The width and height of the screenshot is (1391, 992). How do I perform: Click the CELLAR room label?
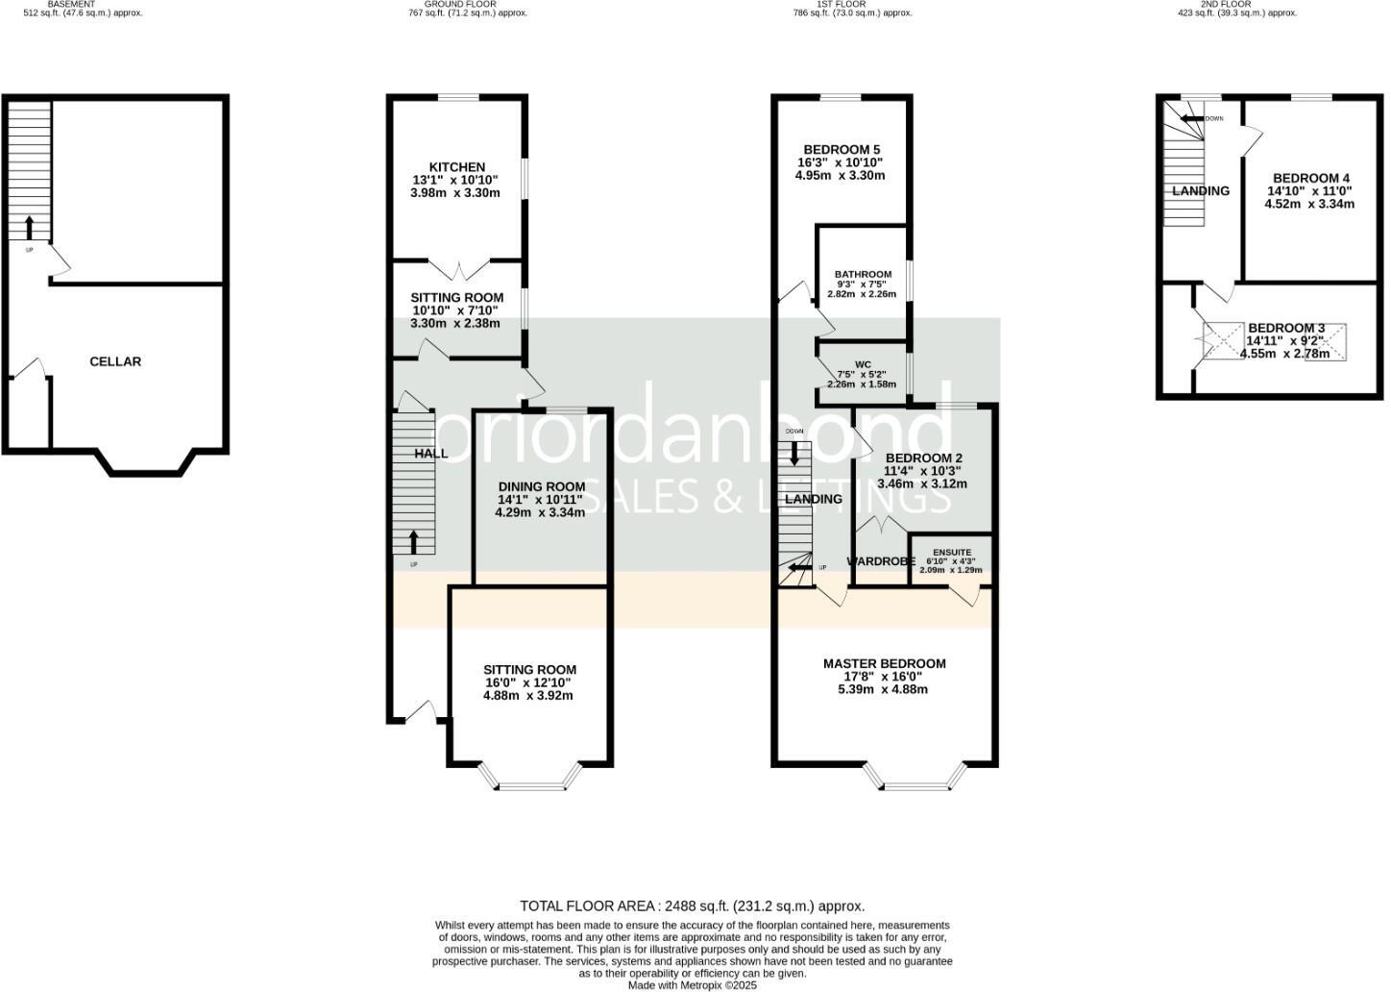(x=115, y=361)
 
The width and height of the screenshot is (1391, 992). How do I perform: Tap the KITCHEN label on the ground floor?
(x=456, y=167)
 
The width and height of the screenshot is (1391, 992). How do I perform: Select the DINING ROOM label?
(x=541, y=486)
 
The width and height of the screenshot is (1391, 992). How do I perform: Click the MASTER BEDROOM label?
(x=884, y=663)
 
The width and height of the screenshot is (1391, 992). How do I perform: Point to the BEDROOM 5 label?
(x=842, y=149)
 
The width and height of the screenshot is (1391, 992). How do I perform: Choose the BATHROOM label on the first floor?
(x=863, y=274)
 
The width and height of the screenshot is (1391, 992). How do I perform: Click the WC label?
(x=863, y=364)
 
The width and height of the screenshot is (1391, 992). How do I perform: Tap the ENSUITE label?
(x=951, y=553)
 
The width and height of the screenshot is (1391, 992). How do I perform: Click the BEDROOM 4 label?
(x=1310, y=178)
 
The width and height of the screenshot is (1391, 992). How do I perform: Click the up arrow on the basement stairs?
(x=29, y=228)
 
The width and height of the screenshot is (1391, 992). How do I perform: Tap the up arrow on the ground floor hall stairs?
(x=414, y=542)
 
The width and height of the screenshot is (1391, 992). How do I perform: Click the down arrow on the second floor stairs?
(x=1190, y=118)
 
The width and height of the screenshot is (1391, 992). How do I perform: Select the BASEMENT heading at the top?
(x=71, y=5)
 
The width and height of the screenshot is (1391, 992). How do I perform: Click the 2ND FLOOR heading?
(x=1225, y=5)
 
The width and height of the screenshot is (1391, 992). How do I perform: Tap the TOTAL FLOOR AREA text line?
(x=692, y=905)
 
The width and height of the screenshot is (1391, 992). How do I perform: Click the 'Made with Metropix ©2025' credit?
(x=692, y=985)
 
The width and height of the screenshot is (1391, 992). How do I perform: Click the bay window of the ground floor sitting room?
(x=530, y=784)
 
